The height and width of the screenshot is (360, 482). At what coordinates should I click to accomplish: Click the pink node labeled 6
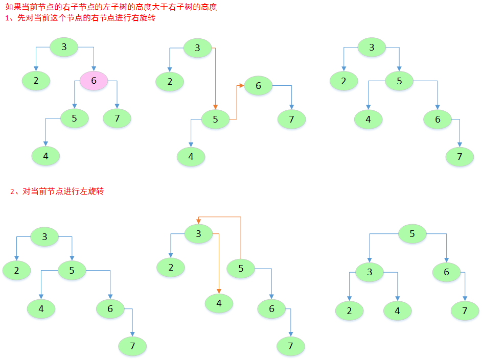(94, 81)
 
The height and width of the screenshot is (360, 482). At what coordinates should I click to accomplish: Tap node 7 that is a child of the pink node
(117, 118)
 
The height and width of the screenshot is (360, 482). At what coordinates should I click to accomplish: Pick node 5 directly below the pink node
(74, 118)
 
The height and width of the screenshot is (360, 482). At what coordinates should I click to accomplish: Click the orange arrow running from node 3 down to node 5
(215, 77)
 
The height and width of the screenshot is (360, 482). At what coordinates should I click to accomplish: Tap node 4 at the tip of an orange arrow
(219, 303)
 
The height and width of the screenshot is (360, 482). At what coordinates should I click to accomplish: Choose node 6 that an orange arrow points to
(258, 85)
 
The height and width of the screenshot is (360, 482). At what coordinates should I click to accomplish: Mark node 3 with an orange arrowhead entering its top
(198, 234)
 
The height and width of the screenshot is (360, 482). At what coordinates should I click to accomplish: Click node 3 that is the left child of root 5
(370, 272)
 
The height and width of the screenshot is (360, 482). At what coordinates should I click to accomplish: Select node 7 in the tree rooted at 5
(465, 310)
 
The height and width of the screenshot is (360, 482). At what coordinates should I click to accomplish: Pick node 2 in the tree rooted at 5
(349, 310)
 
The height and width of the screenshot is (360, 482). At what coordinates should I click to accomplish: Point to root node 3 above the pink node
(64, 47)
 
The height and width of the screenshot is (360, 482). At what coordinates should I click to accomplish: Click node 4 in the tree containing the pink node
(45, 156)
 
